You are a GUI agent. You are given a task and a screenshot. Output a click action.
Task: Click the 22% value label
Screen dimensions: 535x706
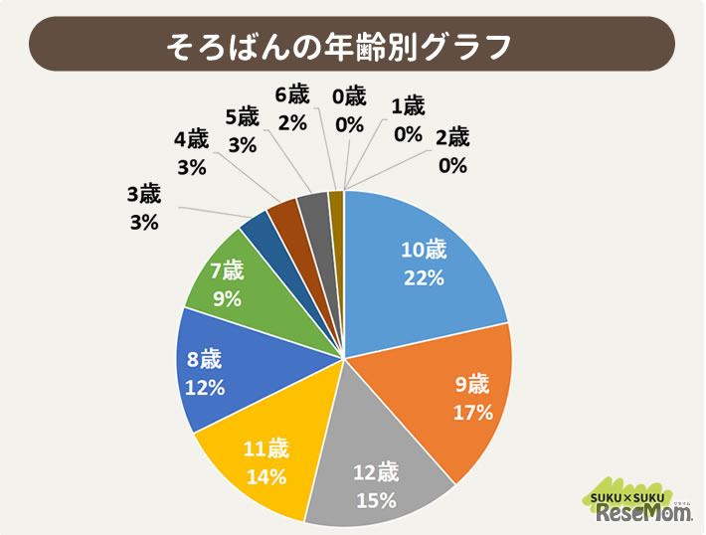pyautogui.click(x=423, y=278)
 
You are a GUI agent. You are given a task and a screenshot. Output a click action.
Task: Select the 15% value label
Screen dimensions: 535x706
pyautogui.click(x=377, y=497)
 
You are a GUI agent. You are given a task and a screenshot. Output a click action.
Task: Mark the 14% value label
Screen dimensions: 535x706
pyautogui.click(x=265, y=476)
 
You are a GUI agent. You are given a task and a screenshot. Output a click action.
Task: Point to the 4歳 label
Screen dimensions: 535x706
pyautogui.click(x=190, y=138)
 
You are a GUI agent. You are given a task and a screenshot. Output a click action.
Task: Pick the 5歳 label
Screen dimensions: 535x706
pyautogui.click(x=242, y=115)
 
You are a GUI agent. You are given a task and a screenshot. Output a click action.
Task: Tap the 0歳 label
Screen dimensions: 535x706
pyautogui.click(x=349, y=96)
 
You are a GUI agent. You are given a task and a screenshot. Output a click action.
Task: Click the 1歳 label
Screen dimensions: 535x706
pyautogui.click(x=408, y=105)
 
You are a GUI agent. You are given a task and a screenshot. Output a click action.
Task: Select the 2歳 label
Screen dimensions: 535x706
pyautogui.click(x=451, y=137)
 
